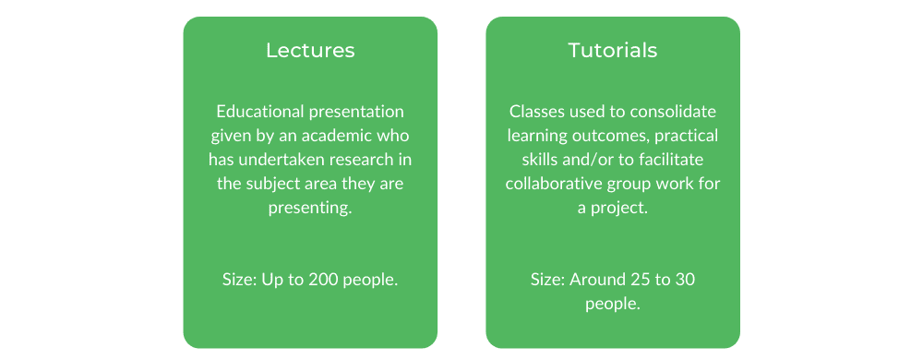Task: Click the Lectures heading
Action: pos(310,50)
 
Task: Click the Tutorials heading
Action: pos(612,50)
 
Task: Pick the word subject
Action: pos(268,185)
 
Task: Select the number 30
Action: pos(686,280)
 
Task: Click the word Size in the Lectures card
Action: pos(236,280)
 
